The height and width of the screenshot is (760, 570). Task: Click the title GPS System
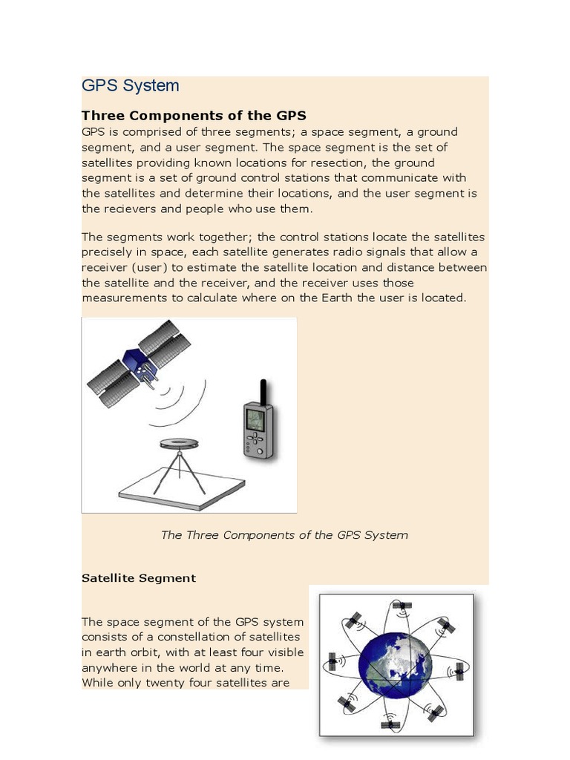pos(131,85)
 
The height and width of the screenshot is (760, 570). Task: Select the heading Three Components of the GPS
pos(194,116)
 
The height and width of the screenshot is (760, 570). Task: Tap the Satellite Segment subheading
pos(139,578)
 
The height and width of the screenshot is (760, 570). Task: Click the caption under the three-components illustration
pos(284,535)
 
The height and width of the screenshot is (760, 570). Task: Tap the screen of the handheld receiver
pos(255,419)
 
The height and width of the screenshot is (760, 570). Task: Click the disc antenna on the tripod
pos(180,444)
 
